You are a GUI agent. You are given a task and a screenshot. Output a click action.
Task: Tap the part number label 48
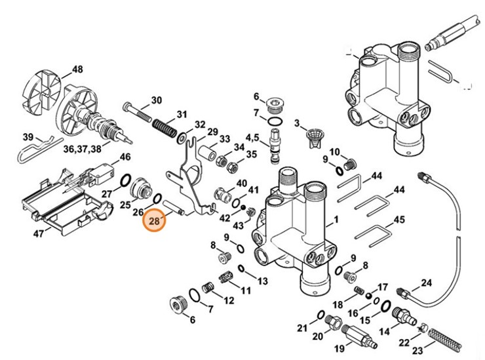77,70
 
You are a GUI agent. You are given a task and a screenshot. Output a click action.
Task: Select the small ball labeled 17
370,295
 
